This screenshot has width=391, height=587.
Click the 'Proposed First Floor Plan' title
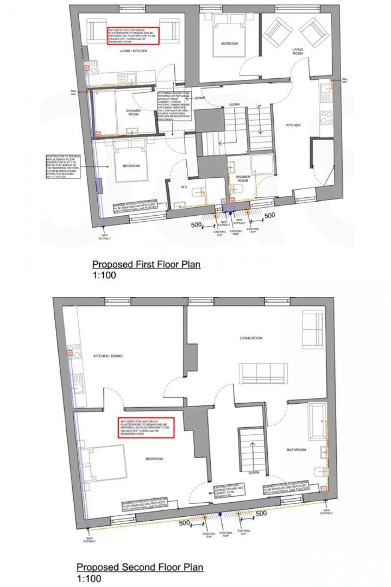click(146, 264)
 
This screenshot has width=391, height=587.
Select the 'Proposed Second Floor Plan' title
click(140, 567)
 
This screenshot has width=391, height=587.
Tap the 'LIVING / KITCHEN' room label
click(133, 51)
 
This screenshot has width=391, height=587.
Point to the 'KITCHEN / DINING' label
click(108, 356)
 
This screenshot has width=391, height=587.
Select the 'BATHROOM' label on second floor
click(296, 450)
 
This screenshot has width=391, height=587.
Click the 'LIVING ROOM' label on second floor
click(251, 338)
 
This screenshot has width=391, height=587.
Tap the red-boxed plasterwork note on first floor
click(133, 36)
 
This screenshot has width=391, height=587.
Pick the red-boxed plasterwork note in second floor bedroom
click(146, 428)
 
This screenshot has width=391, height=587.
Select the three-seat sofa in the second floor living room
click(262, 373)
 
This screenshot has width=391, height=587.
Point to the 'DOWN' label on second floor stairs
click(254, 472)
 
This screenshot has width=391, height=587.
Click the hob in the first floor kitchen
click(327, 117)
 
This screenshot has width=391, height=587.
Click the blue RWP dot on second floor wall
click(219, 515)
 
